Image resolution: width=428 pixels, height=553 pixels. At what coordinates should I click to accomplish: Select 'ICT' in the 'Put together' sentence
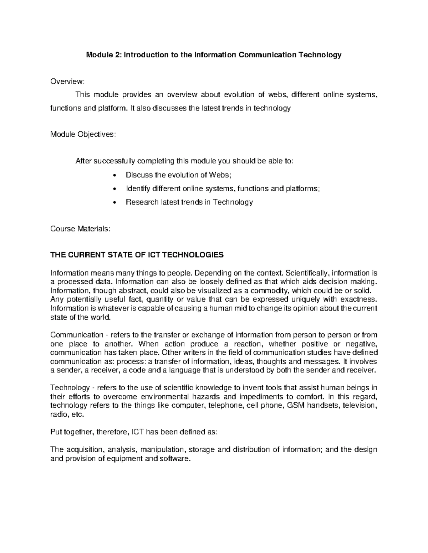pos(138,432)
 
